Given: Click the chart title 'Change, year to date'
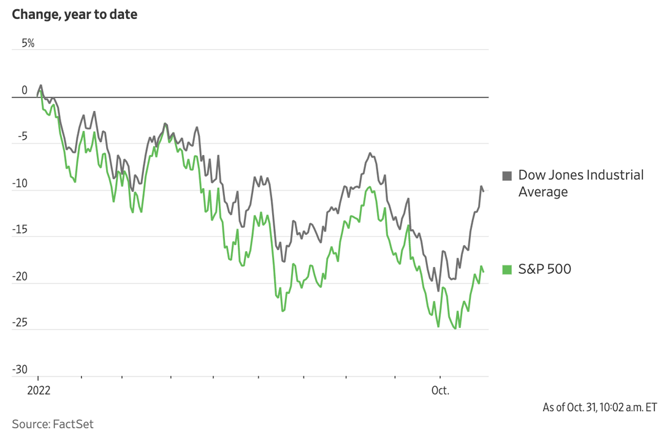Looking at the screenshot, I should (74, 15).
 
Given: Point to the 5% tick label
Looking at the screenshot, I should (28, 44).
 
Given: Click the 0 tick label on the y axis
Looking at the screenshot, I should (25, 91).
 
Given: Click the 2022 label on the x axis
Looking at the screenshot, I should (38, 391).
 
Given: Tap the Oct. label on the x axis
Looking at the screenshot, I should (440, 391).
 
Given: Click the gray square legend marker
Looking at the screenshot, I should (507, 176).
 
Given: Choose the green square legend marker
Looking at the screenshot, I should (507, 269).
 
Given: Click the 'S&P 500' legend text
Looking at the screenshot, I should (545, 269).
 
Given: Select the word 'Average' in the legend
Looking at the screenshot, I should (543, 192).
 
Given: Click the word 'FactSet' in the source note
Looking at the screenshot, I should (73, 424).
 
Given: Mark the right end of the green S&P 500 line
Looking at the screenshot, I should (484, 271).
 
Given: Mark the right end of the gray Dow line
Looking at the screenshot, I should (484, 191).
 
